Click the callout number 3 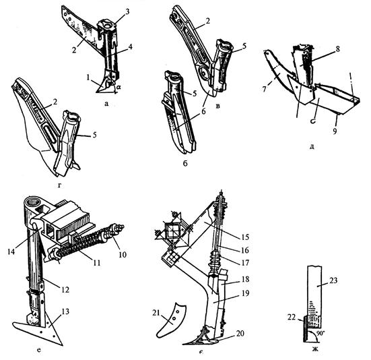(x=127, y=11)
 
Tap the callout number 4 (x=129, y=46)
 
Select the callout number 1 (x=88, y=78)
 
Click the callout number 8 (x=338, y=49)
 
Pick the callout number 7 (x=265, y=89)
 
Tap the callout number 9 (x=335, y=131)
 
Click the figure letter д (x=312, y=146)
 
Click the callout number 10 (x=123, y=255)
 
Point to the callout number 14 (x=11, y=251)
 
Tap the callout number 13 (x=65, y=311)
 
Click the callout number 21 (x=156, y=313)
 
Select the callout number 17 (x=244, y=263)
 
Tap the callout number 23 (x=333, y=280)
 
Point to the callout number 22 (x=292, y=317)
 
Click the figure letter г (x=59, y=185)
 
